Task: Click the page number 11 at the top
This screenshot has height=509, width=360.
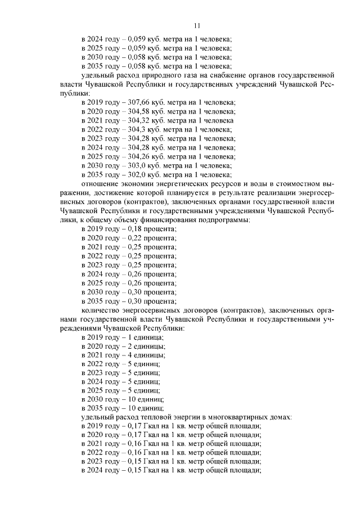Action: coord(197,25)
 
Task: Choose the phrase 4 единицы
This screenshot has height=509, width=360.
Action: coord(146,355)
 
